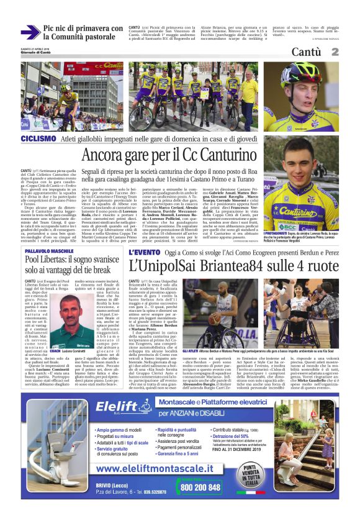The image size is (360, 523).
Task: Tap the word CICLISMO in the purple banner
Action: [38, 139]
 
